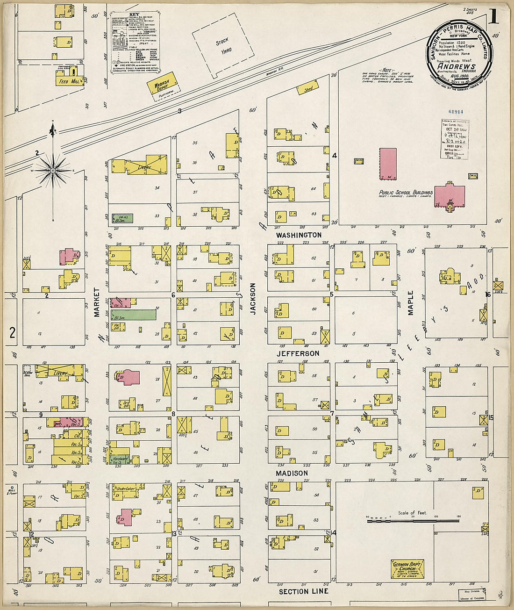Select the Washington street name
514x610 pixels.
(299, 235)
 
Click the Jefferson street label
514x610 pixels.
(298, 354)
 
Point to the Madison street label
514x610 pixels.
(292, 474)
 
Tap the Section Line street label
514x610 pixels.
(303, 591)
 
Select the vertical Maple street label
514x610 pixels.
(411, 303)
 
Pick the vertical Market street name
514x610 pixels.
(97, 302)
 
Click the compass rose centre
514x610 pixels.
(53, 171)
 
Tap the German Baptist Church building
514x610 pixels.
(407, 569)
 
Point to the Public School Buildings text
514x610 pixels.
(405, 192)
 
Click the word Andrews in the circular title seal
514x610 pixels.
(456, 66)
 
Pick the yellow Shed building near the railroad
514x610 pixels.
(308, 87)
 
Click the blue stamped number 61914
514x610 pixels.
(455, 112)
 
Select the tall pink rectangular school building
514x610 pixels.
(387, 164)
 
